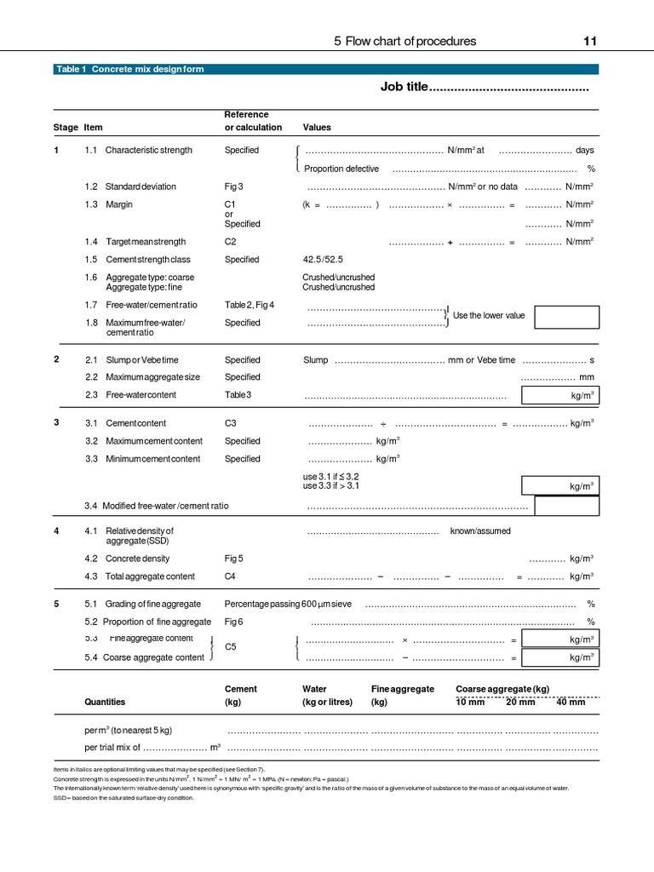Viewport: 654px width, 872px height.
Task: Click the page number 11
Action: (589, 41)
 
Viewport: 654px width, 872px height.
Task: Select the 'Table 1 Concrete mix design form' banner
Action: (129, 69)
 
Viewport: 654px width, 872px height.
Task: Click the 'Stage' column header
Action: (65, 128)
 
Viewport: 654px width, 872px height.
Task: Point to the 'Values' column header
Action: (317, 128)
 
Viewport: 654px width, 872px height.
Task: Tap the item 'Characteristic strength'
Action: (148, 150)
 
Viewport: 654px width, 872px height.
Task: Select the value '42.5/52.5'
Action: (323, 260)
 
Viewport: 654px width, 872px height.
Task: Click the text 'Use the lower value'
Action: (489, 315)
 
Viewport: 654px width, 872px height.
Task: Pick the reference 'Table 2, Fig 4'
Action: (249, 304)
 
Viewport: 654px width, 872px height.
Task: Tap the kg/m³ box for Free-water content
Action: (559, 395)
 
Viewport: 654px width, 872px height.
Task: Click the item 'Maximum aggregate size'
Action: (152, 376)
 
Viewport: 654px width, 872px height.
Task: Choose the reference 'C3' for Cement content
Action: (231, 423)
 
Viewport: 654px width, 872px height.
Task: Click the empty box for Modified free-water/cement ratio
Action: (566, 506)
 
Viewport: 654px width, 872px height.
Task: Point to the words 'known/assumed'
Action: (480, 531)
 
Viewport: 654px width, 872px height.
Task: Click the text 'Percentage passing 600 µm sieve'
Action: (288, 604)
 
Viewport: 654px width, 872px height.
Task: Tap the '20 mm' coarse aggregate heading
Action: (520, 702)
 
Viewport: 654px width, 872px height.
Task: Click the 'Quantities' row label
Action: (105, 702)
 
